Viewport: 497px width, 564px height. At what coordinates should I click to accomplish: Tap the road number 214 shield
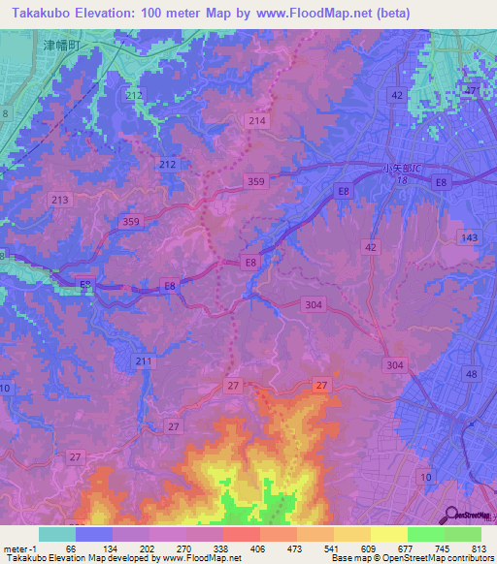(x=256, y=121)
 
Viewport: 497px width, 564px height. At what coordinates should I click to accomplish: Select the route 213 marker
(x=59, y=200)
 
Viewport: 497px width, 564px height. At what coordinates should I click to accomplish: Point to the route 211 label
(x=144, y=361)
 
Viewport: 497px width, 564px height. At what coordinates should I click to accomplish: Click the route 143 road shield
(x=470, y=237)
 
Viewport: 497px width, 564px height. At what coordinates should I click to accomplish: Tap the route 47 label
(x=471, y=90)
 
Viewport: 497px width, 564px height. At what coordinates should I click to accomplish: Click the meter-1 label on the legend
(x=19, y=548)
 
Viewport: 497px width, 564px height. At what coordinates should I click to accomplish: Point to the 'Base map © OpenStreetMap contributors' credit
(x=412, y=558)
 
